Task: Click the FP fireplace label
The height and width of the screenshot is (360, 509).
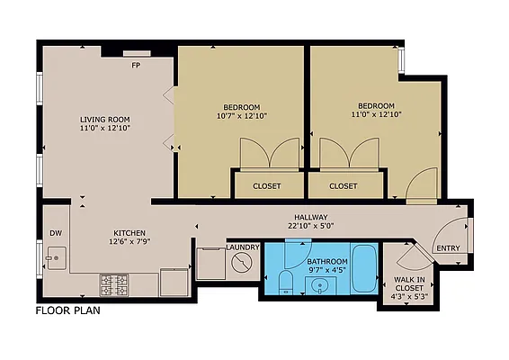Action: point(136,66)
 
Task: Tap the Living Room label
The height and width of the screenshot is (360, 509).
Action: point(105,120)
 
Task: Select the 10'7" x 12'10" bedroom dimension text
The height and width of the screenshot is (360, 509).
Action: point(242,116)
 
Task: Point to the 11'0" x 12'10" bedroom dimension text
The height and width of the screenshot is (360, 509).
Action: point(377,114)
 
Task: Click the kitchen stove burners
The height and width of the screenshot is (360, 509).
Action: point(114,285)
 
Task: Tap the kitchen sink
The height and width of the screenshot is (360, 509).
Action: point(57,258)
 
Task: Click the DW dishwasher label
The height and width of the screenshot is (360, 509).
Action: point(56,233)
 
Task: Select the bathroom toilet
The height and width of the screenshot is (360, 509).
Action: point(286,282)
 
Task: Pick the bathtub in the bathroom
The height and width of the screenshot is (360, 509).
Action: point(365,268)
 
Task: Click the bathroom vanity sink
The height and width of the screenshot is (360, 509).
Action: point(320,286)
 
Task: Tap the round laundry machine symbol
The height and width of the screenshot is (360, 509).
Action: point(241,262)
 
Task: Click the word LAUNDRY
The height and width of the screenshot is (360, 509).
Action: point(243,247)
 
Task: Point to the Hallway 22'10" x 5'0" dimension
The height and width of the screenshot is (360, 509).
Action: point(311,226)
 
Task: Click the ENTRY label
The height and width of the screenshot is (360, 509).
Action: point(448,248)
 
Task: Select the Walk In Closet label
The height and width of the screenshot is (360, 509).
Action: point(409,283)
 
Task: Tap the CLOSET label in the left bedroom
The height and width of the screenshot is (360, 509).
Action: point(267,186)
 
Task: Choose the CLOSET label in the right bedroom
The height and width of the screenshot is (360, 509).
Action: point(344,186)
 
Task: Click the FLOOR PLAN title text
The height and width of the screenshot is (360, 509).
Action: point(67,310)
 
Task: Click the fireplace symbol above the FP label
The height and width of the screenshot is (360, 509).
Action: point(137,54)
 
